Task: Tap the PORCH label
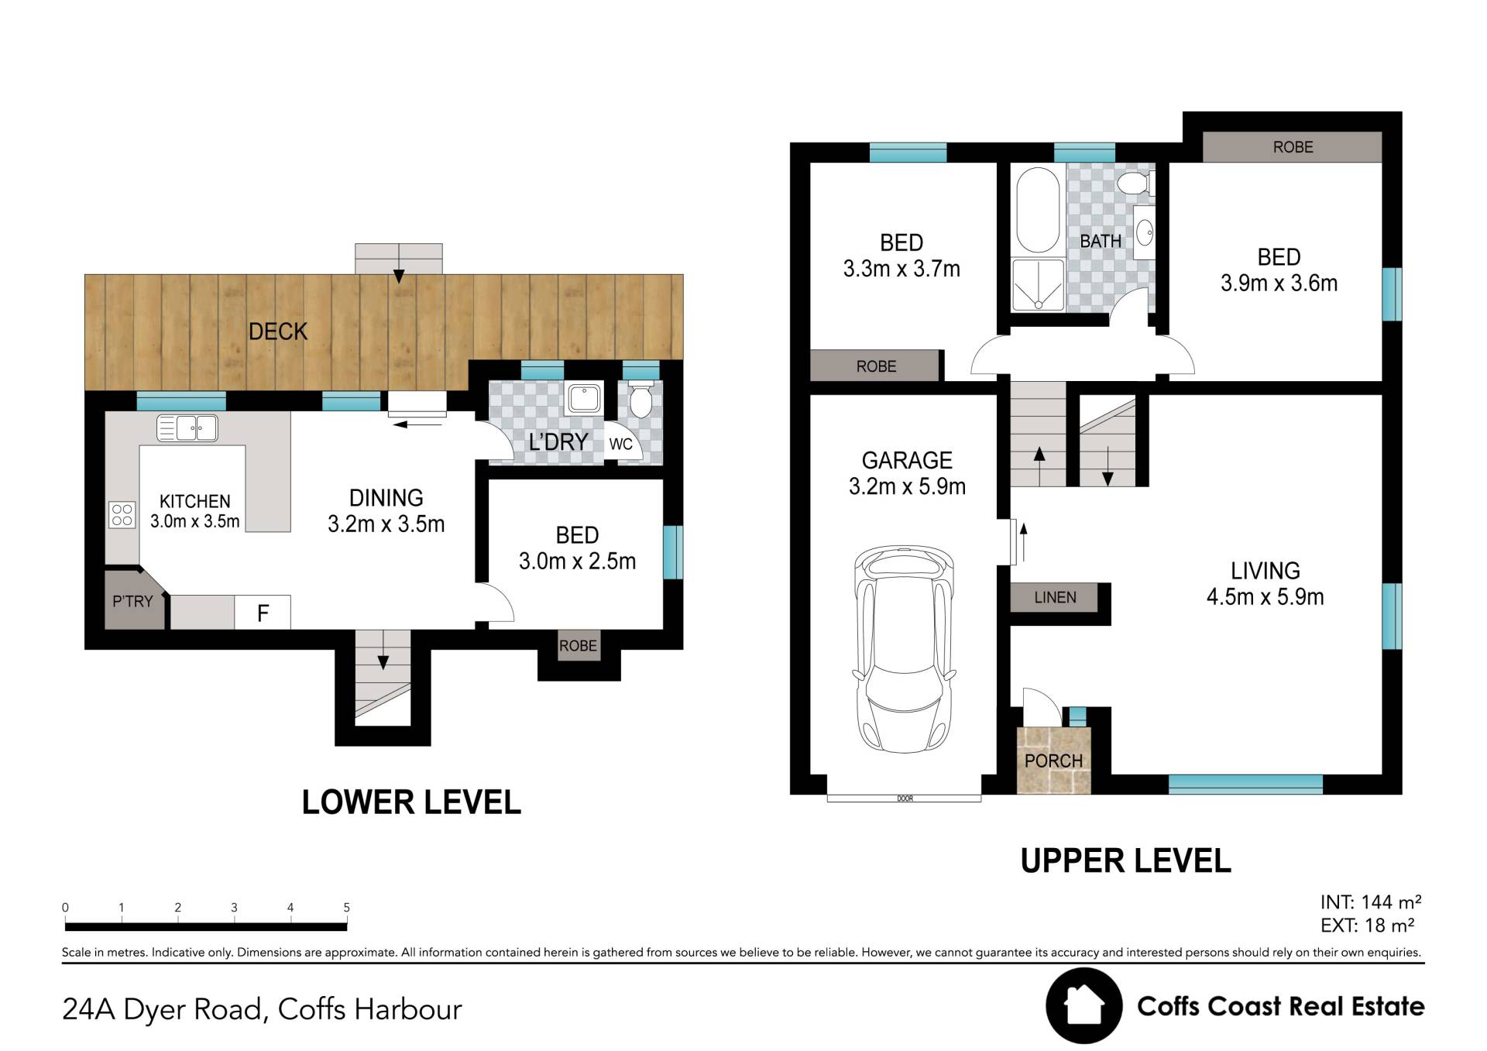[1053, 761]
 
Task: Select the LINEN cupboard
[1054, 597]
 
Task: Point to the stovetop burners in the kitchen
[122, 515]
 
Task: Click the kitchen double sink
[187, 428]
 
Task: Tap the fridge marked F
[263, 613]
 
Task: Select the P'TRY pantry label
[132, 601]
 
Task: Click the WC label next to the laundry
[620, 444]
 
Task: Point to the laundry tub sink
[583, 399]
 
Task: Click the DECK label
[278, 331]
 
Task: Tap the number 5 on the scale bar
[347, 907]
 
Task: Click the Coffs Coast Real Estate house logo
[1083, 1005]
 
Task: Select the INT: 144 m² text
[1370, 902]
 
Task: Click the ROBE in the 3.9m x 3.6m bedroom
[1292, 146]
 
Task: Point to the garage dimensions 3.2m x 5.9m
[907, 486]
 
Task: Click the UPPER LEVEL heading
[1125, 860]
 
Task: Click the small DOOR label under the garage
[905, 799]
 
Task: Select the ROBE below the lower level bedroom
[578, 645]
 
